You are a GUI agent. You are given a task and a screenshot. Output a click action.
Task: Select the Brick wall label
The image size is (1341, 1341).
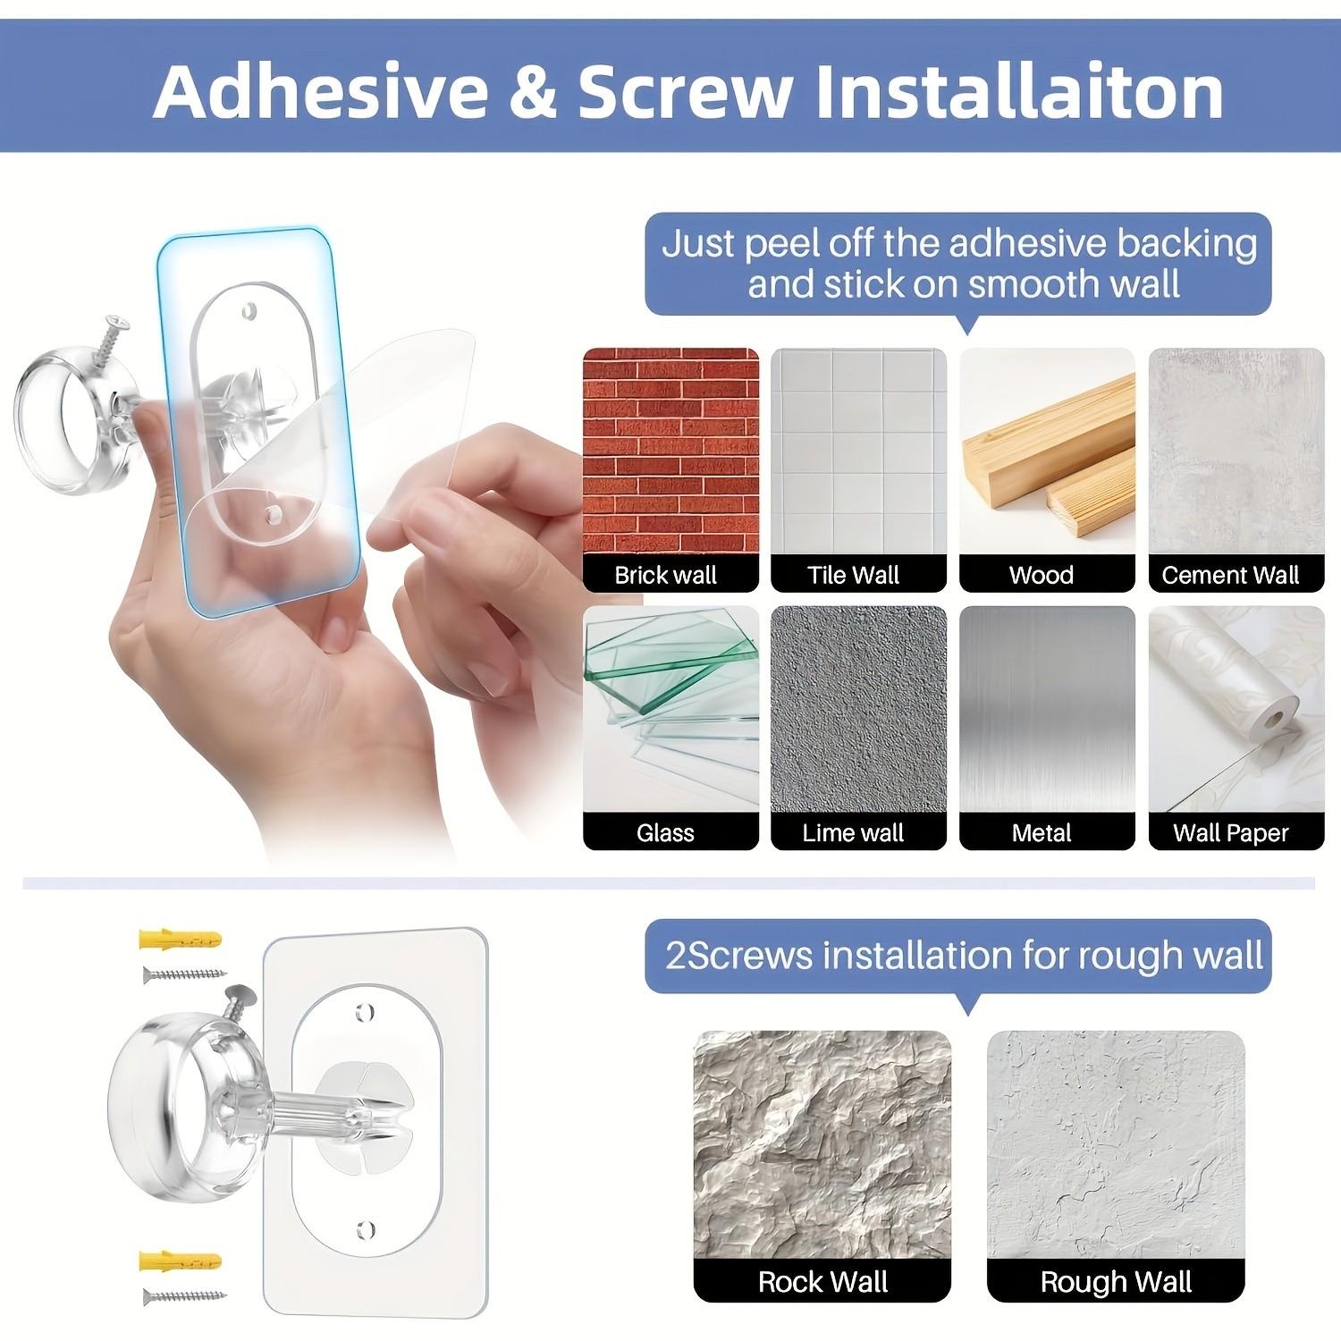(x=666, y=575)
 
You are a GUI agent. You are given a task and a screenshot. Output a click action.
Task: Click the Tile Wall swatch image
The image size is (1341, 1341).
(x=858, y=451)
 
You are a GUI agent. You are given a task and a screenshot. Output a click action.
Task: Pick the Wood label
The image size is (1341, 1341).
(x=1042, y=575)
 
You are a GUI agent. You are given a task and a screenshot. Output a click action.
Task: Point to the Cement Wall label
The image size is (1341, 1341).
(x=1230, y=575)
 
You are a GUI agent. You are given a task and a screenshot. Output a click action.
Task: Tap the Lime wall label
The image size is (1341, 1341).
(x=853, y=833)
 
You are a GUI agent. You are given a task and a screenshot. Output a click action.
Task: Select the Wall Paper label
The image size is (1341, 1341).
(x=1230, y=833)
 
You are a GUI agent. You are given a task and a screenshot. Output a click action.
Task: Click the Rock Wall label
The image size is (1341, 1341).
(x=822, y=1281)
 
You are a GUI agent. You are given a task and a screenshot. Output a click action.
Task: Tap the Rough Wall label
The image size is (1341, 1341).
(x=1116, y=1281)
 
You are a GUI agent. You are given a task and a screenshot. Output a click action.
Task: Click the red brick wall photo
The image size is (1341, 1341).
(x=670, y=451)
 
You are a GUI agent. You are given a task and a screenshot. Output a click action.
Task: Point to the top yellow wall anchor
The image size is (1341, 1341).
(x=180, y=940)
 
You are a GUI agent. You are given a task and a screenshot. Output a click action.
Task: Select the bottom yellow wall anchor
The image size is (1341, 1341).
(x=180, y=1261)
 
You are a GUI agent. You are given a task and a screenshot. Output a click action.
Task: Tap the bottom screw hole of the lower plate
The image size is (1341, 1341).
(x=364, y=1228)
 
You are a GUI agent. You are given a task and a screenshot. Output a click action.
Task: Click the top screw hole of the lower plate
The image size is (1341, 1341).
(x=362, y=1013)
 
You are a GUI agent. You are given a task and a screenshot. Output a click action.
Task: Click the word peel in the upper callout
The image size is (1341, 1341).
(x=781, y=244)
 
